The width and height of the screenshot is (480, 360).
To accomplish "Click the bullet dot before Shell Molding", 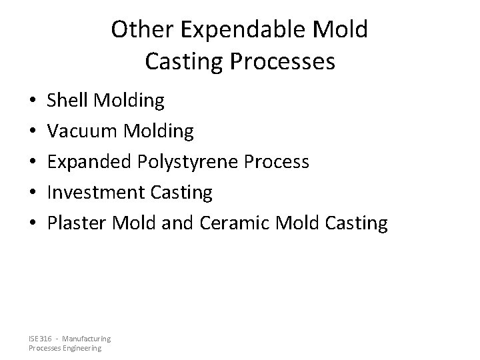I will point(33,101).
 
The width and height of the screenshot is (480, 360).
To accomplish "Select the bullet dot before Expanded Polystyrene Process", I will point(33,163).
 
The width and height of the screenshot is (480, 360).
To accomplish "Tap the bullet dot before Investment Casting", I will point(33,193).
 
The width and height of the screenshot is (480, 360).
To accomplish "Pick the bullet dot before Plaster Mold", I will point(33,224).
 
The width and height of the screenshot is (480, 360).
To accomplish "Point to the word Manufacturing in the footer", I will point(87,339).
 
